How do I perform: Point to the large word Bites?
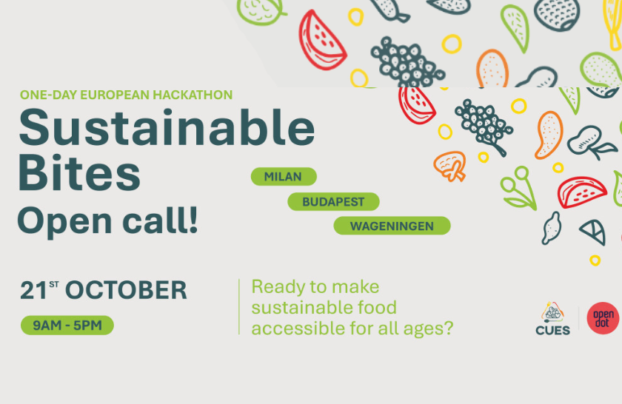79,174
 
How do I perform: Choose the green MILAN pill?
284,177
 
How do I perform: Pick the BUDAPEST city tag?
333,201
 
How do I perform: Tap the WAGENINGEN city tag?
392,226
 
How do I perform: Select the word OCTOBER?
126,291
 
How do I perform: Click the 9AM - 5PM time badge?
67,325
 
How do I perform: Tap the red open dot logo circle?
603,318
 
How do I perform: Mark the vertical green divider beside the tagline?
239,306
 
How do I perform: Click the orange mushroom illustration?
449,166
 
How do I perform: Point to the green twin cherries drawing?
516,187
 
